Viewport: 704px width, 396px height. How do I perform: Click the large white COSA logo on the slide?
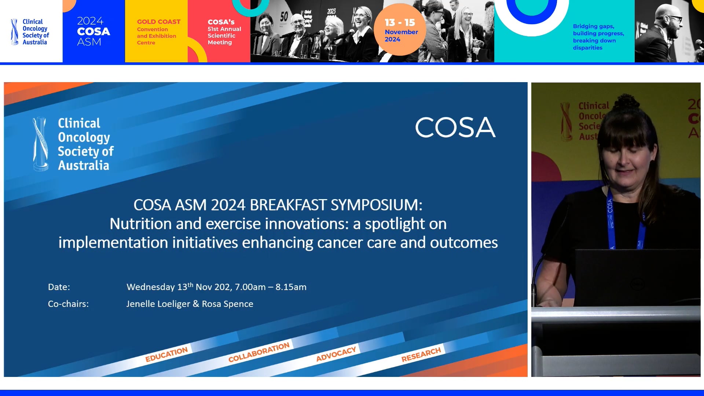point(455,127)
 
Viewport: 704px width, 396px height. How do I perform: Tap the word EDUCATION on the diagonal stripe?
point(166,354)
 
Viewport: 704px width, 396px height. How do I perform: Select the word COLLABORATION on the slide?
point(259,352)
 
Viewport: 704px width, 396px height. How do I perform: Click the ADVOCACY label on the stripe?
point(336,354)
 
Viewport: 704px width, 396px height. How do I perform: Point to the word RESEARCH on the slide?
point(421,354)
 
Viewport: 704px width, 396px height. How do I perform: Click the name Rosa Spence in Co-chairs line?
point(227,304)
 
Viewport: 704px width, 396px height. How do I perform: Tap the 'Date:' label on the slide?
point(59,287)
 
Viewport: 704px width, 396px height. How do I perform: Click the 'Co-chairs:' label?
point(68,304)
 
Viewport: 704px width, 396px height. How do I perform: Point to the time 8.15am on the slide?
point(291,287)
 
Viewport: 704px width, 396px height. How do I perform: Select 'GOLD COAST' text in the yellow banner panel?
point(158,22)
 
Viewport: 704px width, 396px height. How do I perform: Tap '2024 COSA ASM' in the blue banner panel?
point(93,32)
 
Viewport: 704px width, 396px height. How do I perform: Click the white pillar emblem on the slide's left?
point(40,144)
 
